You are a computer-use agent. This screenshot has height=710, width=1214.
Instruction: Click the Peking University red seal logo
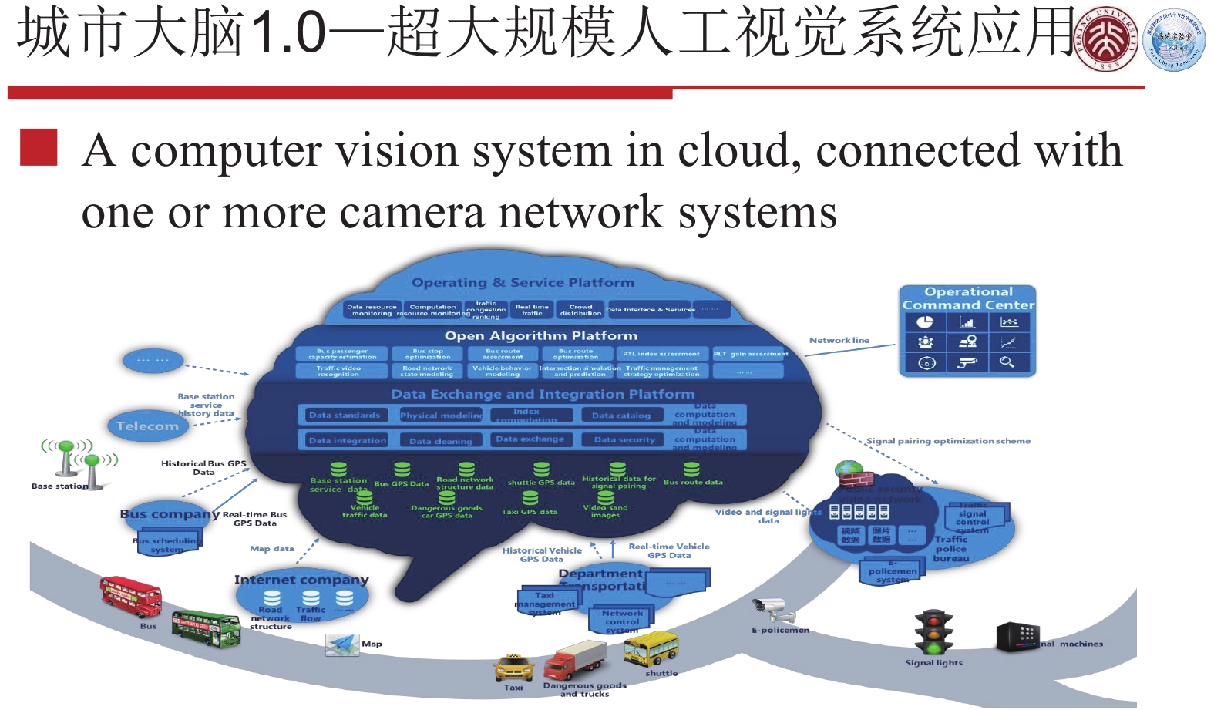pyautogui.click(x=1107, y=39)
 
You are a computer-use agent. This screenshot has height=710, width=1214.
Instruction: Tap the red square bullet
pyautogui.click(x=39, y=147)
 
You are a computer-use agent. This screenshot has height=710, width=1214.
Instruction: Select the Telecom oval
pyautogui.click(x=147, y=426)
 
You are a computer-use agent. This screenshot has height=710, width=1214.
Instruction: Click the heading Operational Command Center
pyautogui.click(x=968, y=298)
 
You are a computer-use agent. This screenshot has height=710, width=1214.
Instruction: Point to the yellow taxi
pyautogui.click(x=513, y=667)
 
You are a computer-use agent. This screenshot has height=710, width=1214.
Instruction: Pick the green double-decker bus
pyautogui.click(x=205, y=628)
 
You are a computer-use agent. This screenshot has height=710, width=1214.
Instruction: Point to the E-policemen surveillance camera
pyautogui.click(x=774, y=611)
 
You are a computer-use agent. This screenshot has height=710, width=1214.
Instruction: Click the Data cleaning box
pyautogui.click(x=441, y=441)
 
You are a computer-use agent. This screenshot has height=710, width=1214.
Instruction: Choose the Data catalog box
pyautogui.click(x=621, y=416)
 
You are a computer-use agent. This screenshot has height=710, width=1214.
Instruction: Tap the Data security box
pyautogui.click(x=624, y=440)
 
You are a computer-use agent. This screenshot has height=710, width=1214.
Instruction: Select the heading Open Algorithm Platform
pyautogui.click(x=541, y=336)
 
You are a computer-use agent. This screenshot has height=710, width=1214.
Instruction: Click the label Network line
pyautogui.click(x=839, y=340)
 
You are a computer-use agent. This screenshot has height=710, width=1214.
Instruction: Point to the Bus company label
pyautogui.click(x=170, y=514)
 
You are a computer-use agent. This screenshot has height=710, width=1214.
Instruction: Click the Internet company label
pyautogui.click(x=301, y=580)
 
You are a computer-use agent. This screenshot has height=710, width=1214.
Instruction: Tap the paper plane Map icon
pyautogui.click(x=342, y=644)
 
